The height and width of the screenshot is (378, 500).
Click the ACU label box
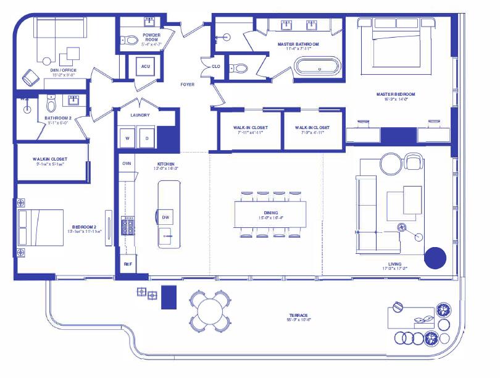(x=146, y=67)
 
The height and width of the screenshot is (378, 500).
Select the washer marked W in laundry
(x=128, y=138)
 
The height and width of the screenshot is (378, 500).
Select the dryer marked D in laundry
(x=147, y=138)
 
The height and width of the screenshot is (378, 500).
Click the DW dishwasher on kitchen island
(x=166, y=217)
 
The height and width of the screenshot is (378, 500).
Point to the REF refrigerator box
(x=128, y=264)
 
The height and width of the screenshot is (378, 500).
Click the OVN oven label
(x=127, y=164)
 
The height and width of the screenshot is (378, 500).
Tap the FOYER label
(x=188, y=84)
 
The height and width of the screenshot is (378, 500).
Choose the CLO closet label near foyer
(x=215, y=66)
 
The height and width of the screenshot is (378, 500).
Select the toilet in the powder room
(x=130, y=40)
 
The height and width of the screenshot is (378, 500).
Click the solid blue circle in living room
(x=435, y=258)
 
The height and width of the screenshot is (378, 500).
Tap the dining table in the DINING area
(x=270, y=215)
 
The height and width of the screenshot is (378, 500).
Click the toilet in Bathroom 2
(x=51, y=103)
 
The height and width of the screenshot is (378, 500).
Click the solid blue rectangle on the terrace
(x=169, y=297)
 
